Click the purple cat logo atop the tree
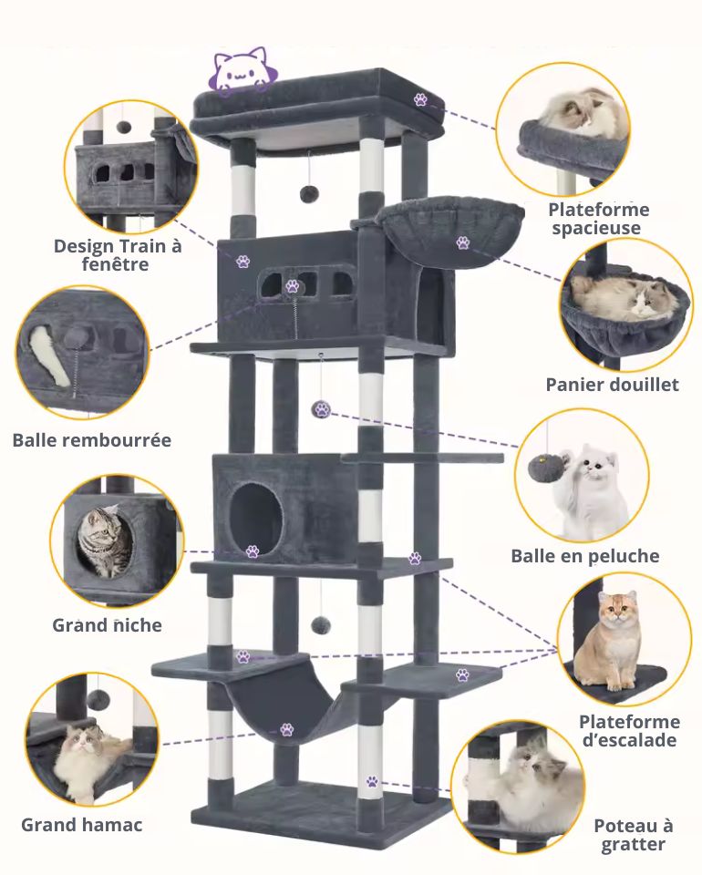point(240,71)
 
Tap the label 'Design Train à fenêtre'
point(118,255)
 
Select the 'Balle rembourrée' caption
point(92,440)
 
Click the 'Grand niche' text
point(107,625)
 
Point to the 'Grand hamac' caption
point(82,825)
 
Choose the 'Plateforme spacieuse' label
point(600,219)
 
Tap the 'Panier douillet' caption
point(613,384)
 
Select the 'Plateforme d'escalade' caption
point(629,731)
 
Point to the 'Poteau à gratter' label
point(633,835)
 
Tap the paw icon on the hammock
point(286,729)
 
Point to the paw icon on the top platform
point(420,99)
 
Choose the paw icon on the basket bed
point(463,243)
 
